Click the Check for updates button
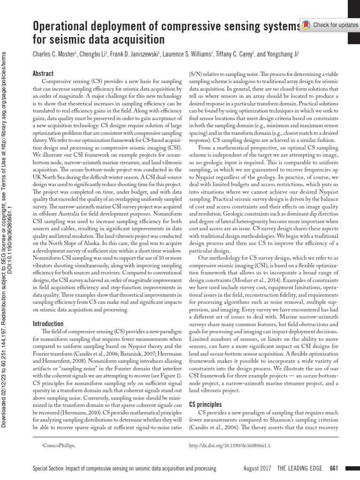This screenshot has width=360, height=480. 329,24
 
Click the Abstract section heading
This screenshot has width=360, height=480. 43,74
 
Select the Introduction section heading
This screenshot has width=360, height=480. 48,323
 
